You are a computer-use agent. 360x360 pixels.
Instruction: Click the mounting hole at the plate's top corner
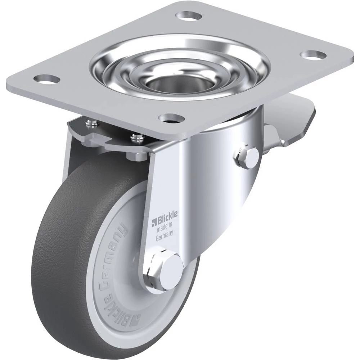(189, 16)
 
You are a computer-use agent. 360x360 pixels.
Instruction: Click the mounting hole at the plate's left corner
(47, 80)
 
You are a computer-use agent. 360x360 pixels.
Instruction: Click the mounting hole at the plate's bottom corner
(172, 118)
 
